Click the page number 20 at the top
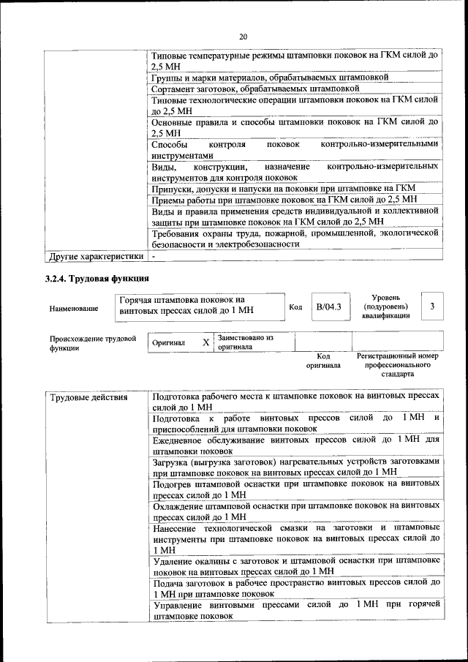(x=244, y=36)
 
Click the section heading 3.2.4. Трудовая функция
(x=97, y=278)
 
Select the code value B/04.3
(x=328, y=306)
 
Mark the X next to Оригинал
(x=206, y=342)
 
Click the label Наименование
(x=74, y=308)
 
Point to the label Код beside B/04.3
(x=295, y=306)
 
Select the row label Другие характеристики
(x=95, y=257)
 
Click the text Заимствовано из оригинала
(x=245, y=342)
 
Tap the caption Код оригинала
(x=323, y=360)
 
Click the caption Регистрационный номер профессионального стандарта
(x=397, y=364)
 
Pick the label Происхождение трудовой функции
(x=93, y=343)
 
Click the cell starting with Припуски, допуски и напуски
(x=283, y=187)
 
